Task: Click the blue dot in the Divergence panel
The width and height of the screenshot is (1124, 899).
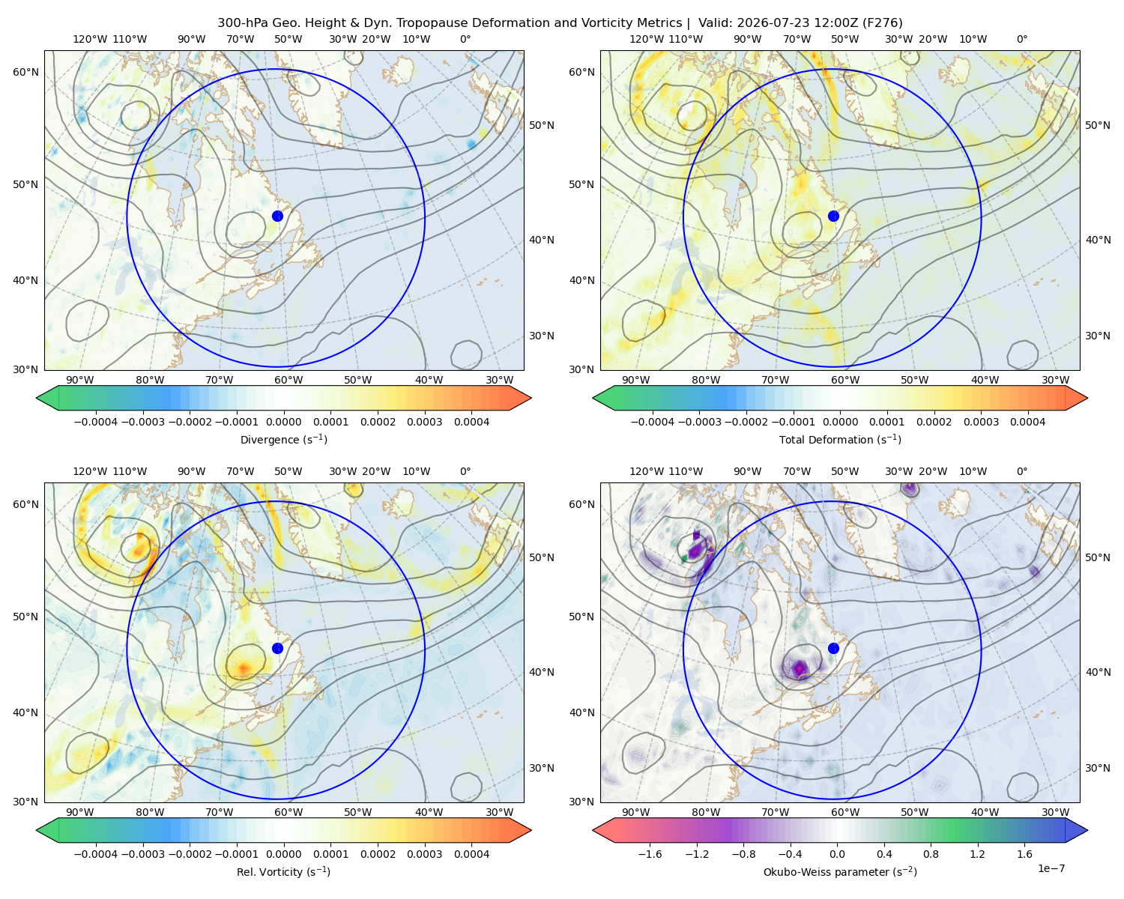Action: coord(277,217)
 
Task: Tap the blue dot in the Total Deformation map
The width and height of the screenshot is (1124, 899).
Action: coord(833,217)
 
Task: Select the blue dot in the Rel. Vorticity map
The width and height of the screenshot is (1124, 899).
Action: coord(277,648)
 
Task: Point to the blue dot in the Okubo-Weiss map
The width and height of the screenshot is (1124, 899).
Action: coord(833,648)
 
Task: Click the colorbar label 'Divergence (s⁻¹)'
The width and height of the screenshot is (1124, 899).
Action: coord(283,440)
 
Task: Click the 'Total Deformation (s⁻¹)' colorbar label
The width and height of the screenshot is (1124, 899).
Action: coord(840,440)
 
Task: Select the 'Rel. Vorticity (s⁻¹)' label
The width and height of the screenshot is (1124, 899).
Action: coord(283,872)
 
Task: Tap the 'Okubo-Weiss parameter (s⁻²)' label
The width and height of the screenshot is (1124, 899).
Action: coord(840,872)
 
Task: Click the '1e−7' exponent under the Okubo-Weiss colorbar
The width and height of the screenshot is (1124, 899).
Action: coord(1051,868)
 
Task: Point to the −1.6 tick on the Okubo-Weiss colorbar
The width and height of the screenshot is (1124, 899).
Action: coord(650,854)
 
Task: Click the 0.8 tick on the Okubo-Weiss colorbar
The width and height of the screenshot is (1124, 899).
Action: coord(931,854)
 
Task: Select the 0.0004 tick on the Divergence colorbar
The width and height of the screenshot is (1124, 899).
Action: coord(471,422)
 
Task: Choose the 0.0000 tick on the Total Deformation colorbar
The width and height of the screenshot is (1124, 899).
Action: coord(840,422)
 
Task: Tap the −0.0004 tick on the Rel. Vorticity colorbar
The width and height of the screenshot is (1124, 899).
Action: coord(96,854)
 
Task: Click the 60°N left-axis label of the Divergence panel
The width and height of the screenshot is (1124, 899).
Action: coord(25,72)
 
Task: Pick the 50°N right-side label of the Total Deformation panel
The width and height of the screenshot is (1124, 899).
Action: coord(1097,125)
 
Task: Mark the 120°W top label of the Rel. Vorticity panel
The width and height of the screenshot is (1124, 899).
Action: coord(90,471)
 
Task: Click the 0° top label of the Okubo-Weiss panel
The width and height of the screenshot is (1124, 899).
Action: coord(1021,471)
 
